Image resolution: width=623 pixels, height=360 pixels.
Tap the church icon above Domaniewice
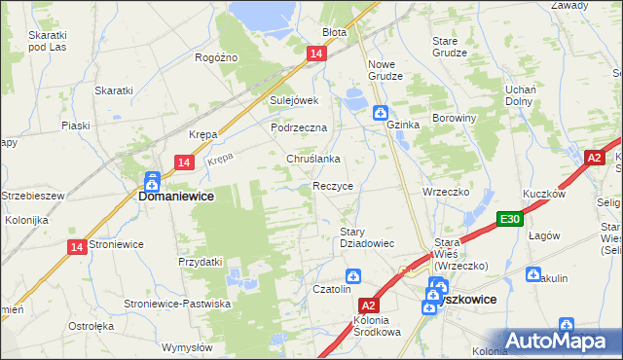coord(152,180)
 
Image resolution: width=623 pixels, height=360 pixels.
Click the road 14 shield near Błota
coord(316,55)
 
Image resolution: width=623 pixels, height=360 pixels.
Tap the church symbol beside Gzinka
coord(381,113)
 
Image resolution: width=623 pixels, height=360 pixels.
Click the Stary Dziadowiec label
coord(365,237)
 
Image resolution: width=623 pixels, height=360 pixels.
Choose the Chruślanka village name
coord(311,159)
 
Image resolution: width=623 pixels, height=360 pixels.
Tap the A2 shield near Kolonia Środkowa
coord(368,304)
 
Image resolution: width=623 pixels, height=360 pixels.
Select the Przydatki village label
coord(201,262)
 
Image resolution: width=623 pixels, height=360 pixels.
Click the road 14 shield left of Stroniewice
coord(77,247)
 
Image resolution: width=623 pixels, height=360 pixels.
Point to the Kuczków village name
coord(544,195)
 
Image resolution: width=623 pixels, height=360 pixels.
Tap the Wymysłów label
coord(187,347)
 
